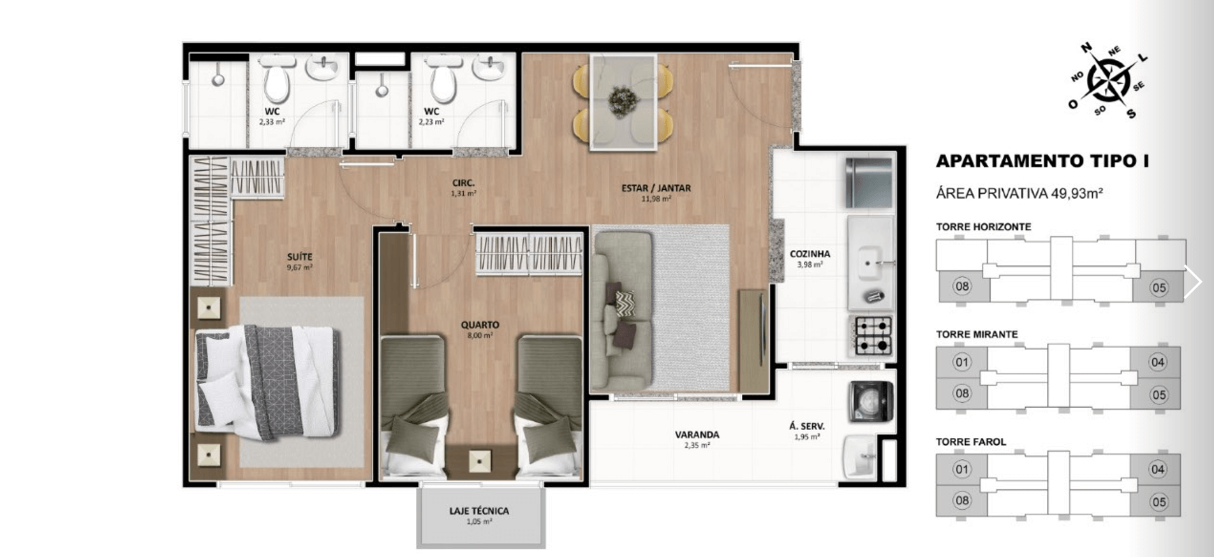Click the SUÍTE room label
coord(299,257)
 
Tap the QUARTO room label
coord(480,324)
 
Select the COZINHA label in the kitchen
coord(810,254)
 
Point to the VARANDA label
coord(697,435)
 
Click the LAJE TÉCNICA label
coord(479,510)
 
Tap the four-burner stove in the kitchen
coord(873,336)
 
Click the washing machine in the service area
coord(870,401)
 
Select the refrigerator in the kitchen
coord(868,182)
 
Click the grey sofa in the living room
coord(622,310)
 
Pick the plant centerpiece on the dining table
coord(623,101)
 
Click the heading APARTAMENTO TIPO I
coord(1042,161)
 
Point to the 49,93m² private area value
coord(1077,193)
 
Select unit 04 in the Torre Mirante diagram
coord(1157,362)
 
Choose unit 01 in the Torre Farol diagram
coord(961,470)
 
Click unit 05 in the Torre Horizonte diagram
coord(1158,287)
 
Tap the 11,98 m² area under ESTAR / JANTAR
coord(656,199)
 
